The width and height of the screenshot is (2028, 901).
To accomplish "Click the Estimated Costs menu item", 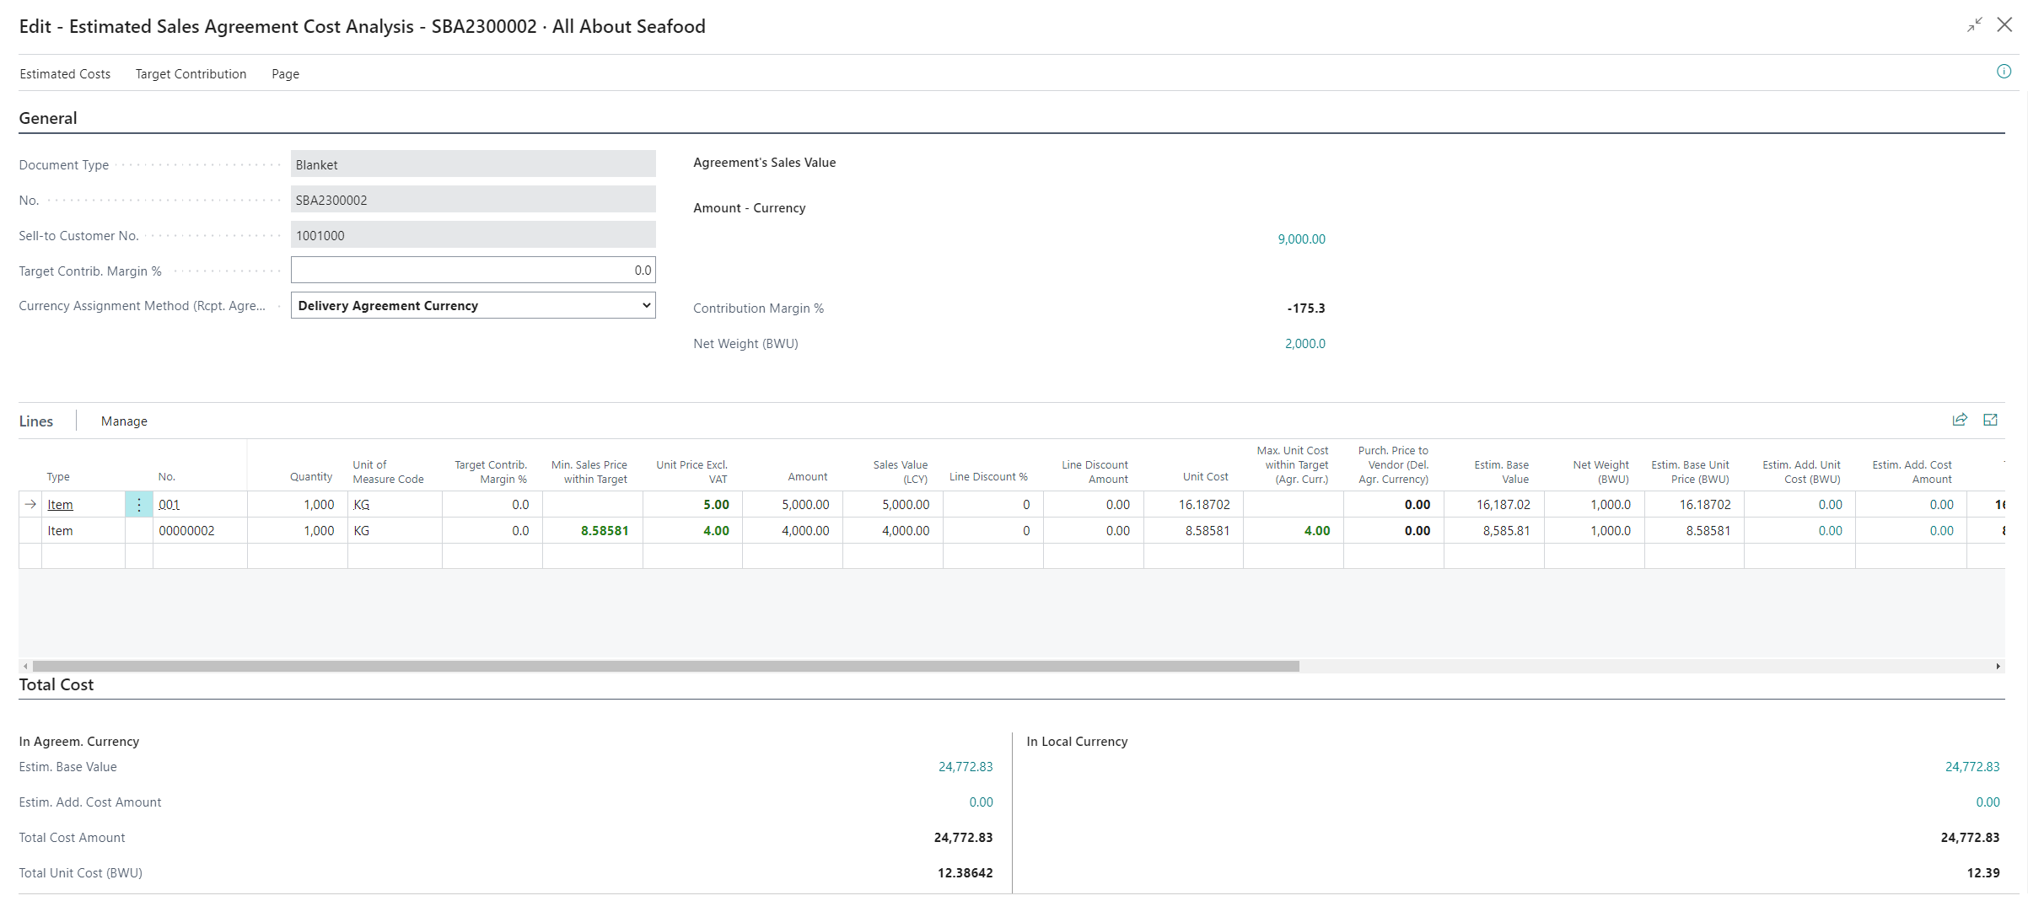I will pos(65,74).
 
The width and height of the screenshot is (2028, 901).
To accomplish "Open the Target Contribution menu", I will pos(191,74).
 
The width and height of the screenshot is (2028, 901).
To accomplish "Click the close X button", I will pos(2004,25).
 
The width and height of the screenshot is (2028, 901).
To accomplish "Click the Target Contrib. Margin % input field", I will pos(472,271).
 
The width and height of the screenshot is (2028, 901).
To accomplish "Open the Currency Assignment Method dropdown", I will pos(472,306).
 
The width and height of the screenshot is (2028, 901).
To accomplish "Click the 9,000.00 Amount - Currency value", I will pos(1301,239).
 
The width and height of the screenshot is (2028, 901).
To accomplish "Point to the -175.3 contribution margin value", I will pos(1305,308).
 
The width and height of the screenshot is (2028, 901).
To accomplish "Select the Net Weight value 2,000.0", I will pos(1304,344).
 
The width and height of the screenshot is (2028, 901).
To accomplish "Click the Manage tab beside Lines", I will pos(124,421).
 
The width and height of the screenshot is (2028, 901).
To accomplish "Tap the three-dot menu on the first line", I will pos(139,505).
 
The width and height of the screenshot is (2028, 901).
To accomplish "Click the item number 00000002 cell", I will pos(187,531).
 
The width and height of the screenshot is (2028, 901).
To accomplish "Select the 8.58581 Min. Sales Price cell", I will pos(604,531).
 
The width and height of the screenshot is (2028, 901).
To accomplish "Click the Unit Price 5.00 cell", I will pos(716,505).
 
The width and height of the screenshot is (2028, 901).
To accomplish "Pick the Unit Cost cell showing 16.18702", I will pos(1203,505).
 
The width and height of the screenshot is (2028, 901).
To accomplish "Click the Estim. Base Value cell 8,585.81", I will pos(1506,531).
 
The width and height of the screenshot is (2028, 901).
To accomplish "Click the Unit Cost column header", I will pos(1205,477).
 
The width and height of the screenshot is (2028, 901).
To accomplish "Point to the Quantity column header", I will pos(311,477).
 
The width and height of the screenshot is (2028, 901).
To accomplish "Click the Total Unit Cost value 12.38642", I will pos(965,873).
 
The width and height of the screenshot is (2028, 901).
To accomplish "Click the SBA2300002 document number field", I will pos(472,201).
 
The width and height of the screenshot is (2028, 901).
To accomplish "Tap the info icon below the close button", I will pos(2004,72).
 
